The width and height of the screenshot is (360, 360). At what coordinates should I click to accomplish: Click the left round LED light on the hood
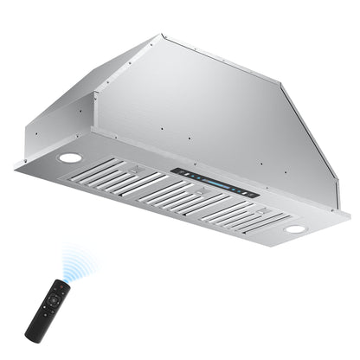point(71,158)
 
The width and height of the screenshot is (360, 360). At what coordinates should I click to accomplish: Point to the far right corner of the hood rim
point(350,215)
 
